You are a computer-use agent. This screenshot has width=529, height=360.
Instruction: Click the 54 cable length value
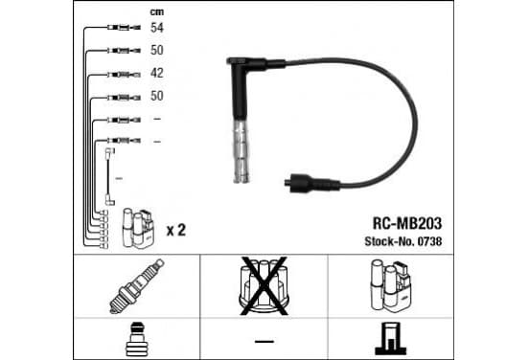coord(157,28)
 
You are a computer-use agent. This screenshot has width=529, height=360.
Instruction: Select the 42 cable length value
coord(157,73)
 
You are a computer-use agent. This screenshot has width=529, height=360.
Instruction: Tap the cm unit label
coord(157,12)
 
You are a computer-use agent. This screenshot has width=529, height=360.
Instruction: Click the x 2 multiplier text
coord(176,230)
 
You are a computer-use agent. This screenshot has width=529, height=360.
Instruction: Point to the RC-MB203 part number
coord(407,223)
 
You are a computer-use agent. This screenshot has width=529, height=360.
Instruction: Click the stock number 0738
coord(429,241)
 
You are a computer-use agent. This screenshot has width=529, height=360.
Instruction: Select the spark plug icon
coord(137,286)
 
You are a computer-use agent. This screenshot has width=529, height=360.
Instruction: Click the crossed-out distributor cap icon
coord(264,286)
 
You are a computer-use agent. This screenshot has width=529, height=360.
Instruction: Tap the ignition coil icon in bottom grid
coord(391,284)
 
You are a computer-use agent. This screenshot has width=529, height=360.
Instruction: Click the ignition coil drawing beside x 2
coord(139,228)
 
